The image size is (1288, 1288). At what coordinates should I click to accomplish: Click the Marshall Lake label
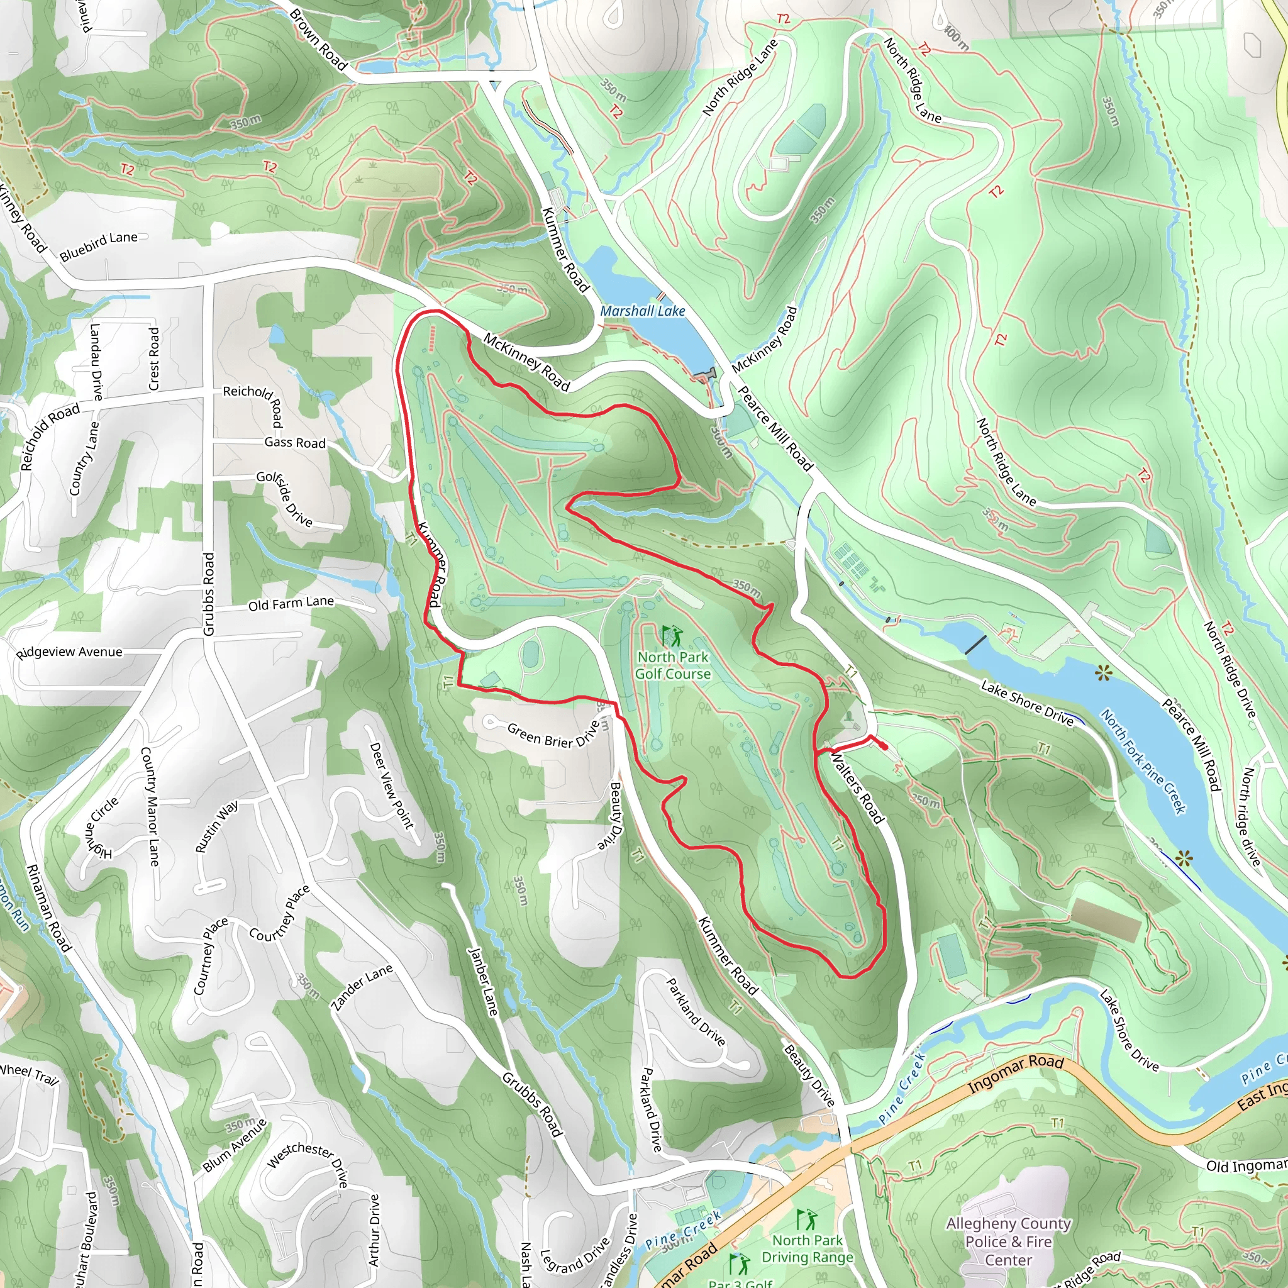(642, 311)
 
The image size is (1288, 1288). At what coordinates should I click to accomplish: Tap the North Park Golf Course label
(673, 665)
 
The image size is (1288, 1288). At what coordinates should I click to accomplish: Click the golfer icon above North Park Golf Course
(672, 635)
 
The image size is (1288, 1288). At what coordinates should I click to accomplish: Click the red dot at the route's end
(884, 747)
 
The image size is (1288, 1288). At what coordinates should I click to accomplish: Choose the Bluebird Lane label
(99, 245)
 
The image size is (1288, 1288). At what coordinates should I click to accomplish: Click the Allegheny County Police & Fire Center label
(1008, 1241)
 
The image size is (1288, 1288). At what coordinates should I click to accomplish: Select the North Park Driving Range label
(808, 1248)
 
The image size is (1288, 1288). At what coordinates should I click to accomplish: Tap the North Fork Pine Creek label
(1143, 762)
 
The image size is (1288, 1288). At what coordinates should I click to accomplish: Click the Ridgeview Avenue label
(69, 652)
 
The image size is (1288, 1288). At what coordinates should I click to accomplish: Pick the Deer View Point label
(392, 785)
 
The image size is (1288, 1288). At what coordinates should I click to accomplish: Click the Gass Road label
(295, 443)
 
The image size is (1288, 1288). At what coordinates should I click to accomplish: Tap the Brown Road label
(319, 40)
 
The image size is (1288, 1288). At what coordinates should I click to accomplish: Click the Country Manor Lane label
(150, 806)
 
